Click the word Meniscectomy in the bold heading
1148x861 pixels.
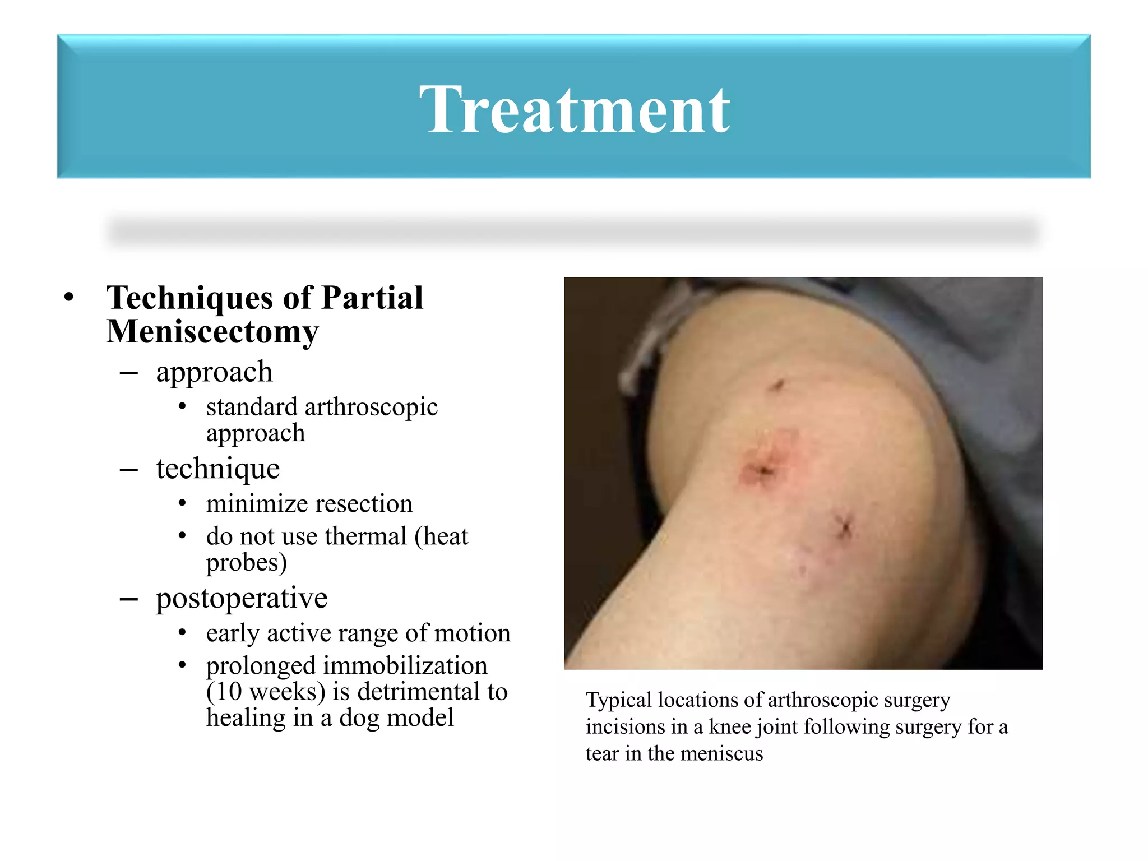(x=212, y=332)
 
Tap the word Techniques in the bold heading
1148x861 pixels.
(x=190, y=298)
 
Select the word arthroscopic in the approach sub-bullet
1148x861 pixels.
(x=371, y=407)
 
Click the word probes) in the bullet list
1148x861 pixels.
(x=246, y=563)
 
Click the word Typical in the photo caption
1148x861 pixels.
(x=619, y=700)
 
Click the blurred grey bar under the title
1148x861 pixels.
(x=574, y=232)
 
